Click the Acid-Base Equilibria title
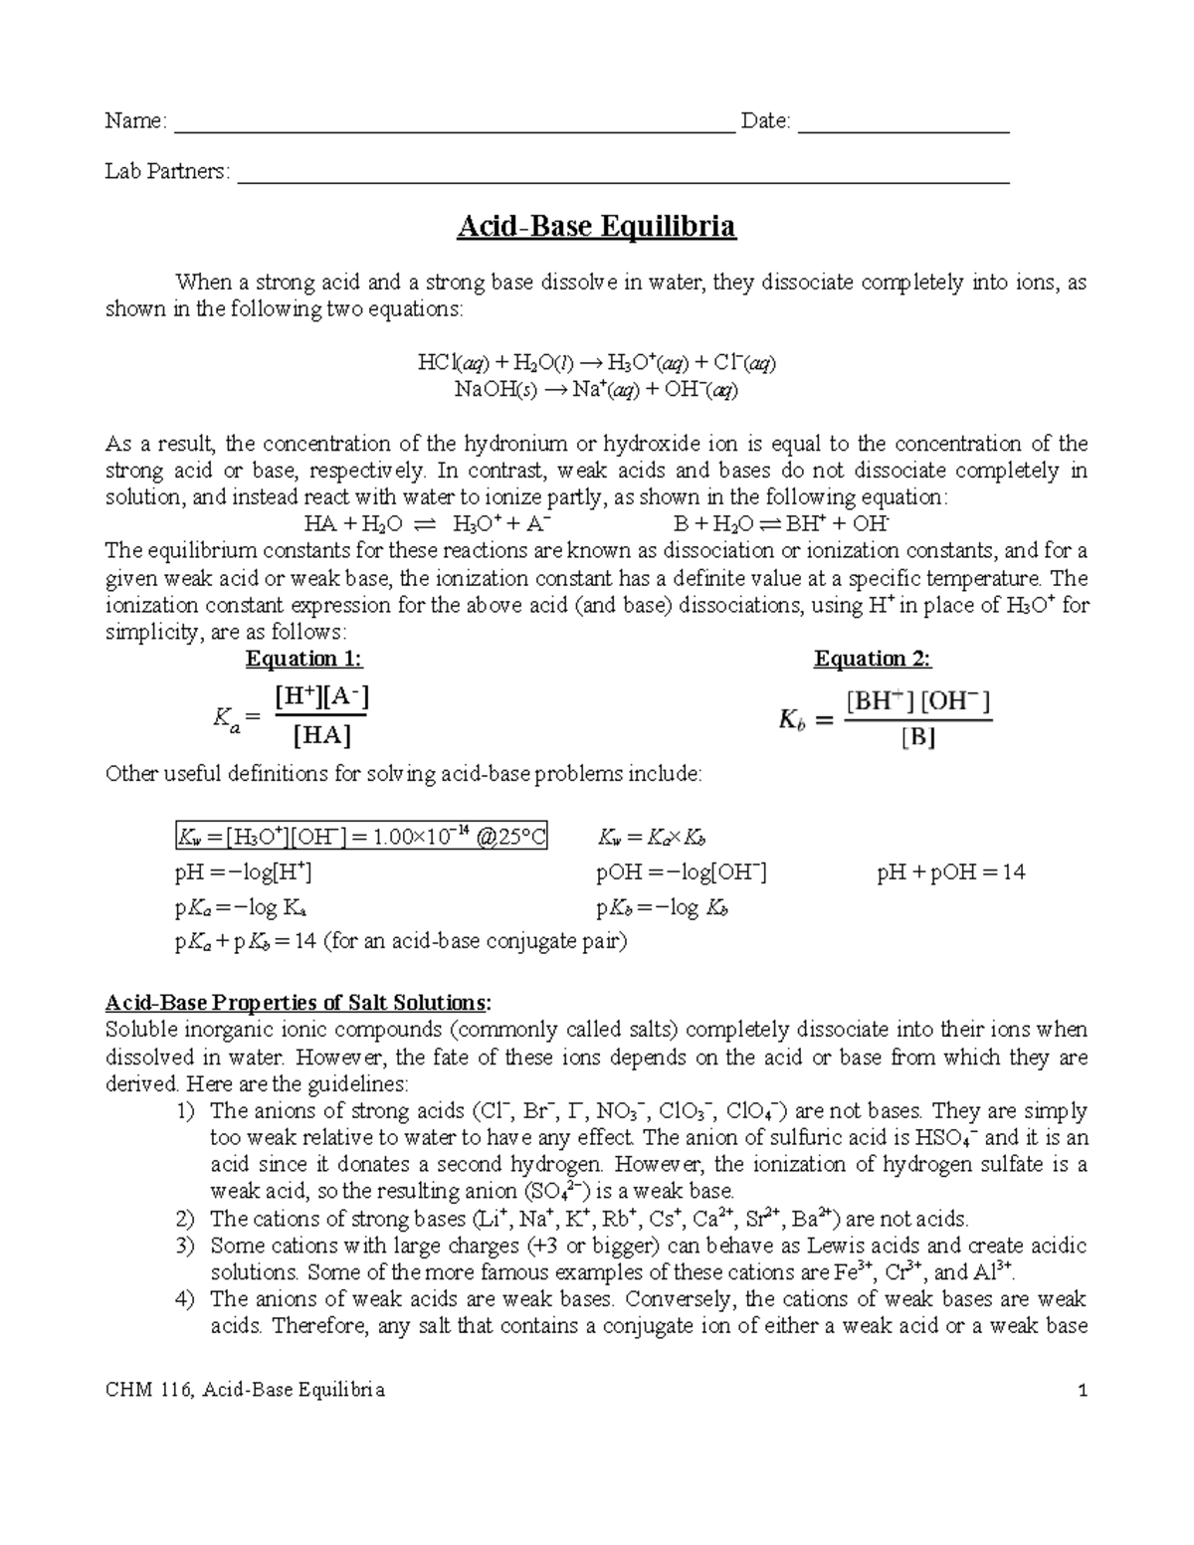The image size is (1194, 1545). click(x=596, y=227)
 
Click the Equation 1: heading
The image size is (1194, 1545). click(x=303, y=659)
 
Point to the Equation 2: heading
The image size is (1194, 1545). click(x=872, y=659)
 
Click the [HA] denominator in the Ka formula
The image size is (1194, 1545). click(x=322, y=737)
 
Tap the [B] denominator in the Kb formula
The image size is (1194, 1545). click(x=917, y=739)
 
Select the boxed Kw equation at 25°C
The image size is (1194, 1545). click(x=360, y=837)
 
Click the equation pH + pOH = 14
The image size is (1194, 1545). click(x=950, y=872)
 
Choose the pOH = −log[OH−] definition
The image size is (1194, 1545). click(x=681, y=872)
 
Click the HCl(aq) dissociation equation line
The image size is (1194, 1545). click(x=596, y=363)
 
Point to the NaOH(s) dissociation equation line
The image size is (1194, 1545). click(x=596, y=389)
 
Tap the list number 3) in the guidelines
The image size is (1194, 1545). click(x=184, y=1246)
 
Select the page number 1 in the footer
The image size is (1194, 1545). click(x=1083, y=1390)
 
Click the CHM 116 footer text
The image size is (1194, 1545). click(x=245, y=1390)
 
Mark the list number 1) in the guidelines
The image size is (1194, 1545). click(x=184, y=1110)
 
